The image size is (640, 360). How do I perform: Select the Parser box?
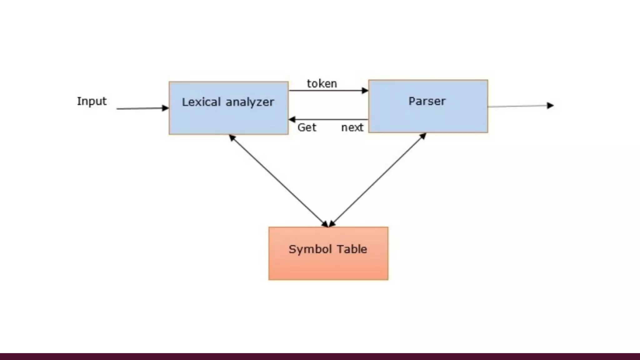(428, 116)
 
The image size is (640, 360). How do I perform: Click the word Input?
(92, 101)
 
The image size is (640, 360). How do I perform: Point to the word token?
(322, 84)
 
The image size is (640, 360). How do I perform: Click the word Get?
(307, 127)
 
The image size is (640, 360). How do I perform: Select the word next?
(352, 127)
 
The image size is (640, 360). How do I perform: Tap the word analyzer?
(250, 102)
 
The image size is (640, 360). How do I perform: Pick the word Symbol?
(310, 249)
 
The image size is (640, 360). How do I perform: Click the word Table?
(352, 249)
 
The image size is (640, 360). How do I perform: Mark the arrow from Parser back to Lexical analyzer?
(328, 119)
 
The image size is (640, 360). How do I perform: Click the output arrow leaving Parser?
(519, 106)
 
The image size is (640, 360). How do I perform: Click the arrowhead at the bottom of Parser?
(423, 135)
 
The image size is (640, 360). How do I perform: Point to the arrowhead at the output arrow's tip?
(550, 106)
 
